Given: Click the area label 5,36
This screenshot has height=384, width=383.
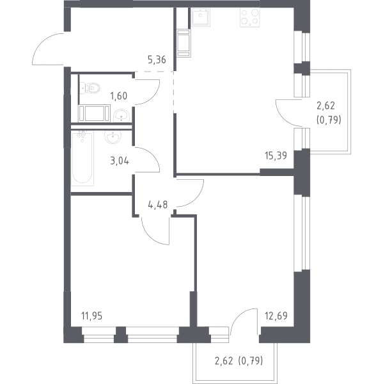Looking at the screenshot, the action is click(x=157, y=60).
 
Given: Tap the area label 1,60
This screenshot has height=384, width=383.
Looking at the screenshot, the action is click(x=119, y=96).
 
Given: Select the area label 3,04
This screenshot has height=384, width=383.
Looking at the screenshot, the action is click(x=120, y=161).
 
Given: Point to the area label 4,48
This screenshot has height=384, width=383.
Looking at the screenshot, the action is click(x=158, y=205).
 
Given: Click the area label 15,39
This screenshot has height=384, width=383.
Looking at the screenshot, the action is click(x=276, y=156).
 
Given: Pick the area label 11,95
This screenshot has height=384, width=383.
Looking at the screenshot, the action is click(x=92, y=316).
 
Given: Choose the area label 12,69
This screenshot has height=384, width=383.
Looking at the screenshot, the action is click(x=276, y=316).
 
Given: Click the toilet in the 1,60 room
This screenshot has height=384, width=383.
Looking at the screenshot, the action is click(x=90, y=88).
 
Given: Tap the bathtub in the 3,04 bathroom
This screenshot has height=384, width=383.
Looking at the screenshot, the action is click(x=82, y=158).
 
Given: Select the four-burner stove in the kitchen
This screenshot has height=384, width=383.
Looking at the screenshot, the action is click(x=250, y=18).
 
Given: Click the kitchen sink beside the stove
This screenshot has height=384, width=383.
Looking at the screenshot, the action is click(x=200, y=17).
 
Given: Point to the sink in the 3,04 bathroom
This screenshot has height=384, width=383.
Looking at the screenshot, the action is click(x=113, y=137).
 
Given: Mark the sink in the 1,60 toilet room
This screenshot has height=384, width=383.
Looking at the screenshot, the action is click(x=121, y=115).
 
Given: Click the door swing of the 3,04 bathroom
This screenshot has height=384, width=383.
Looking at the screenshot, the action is click(x=150, y=156).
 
